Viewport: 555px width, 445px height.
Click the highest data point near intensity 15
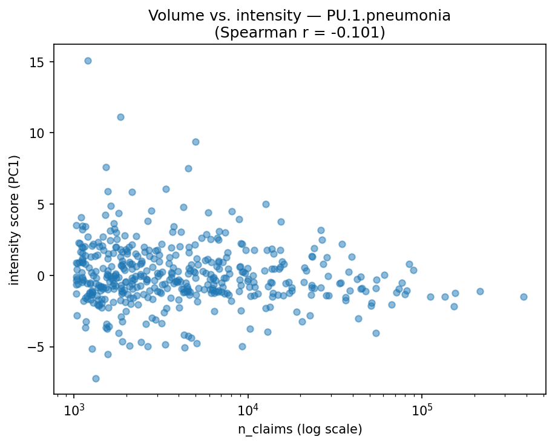pos(88,61)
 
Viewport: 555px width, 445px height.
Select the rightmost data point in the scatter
pos(524,297)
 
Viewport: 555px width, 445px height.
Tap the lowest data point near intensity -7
pos(96,378)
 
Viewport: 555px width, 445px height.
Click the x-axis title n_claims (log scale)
pos(300,429)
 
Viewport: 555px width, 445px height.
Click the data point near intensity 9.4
pos(195,142)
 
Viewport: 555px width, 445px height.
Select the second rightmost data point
pos(480,291)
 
